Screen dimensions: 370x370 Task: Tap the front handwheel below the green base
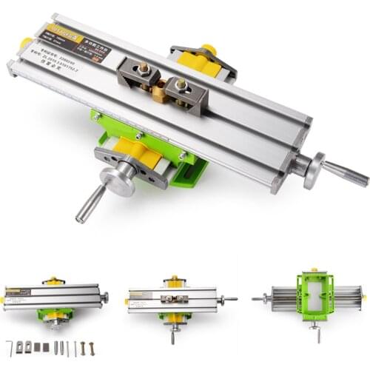point(118,180)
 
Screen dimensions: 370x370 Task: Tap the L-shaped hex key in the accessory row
point(10,347)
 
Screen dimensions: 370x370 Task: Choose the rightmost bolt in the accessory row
point(92,347)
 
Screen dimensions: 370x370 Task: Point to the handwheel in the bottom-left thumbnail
point(104,297)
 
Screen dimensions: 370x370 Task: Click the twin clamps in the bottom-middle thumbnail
point(174,299)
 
